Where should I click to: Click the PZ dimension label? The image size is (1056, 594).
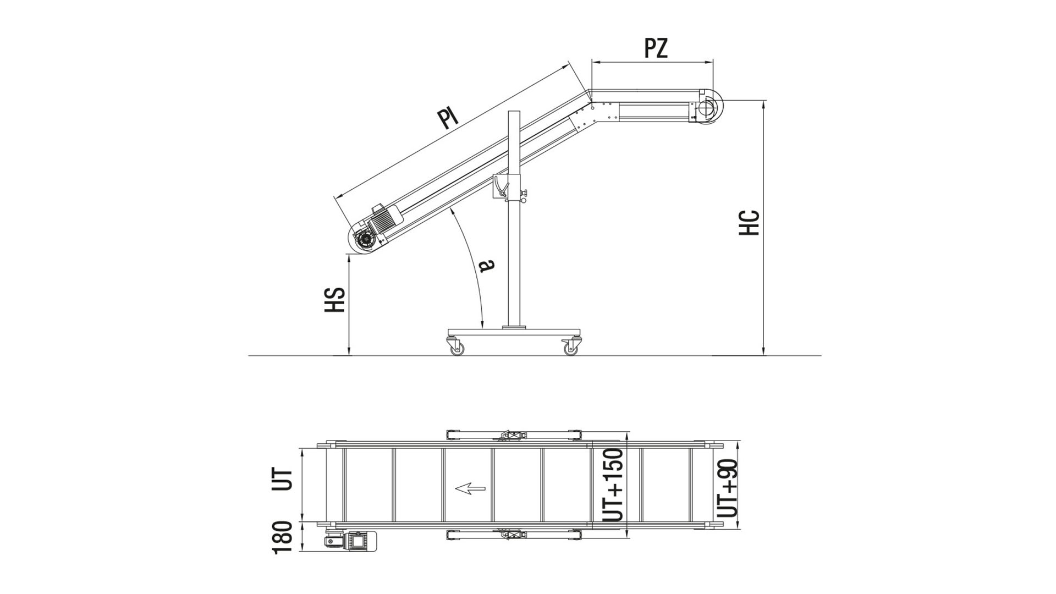coord(656,48)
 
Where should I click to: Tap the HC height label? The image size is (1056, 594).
coord(749,223)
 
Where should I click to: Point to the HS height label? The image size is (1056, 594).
coord(334,300)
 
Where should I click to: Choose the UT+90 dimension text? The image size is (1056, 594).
coord(728,488)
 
